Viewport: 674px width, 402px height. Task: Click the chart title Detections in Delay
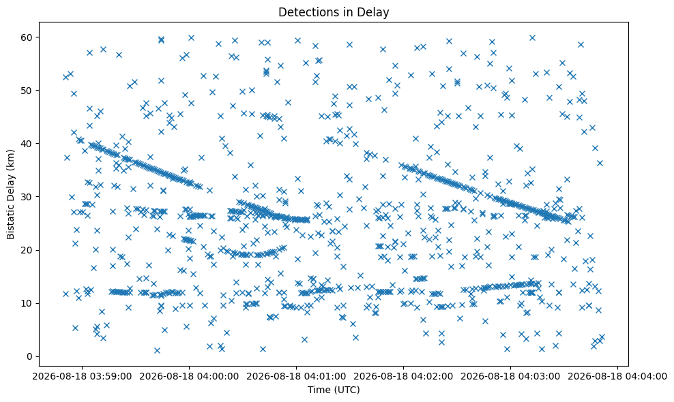tap(334, 12)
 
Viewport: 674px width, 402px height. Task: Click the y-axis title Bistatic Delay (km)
tap(10, 195)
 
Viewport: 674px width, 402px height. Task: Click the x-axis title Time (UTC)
tap(334, 390)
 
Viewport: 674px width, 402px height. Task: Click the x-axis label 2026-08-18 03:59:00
tap(82, 377)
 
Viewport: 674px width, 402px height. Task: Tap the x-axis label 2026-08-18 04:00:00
tap(189, 377)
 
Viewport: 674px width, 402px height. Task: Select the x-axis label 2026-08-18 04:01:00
tap(296, 377)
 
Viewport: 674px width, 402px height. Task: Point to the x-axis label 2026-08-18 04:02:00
tap(404, 377)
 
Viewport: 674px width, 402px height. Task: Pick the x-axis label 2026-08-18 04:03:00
tap(511, 377)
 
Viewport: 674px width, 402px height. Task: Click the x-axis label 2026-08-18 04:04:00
tap(618, 377)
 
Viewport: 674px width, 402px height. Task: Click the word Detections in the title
tap(306, 12)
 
